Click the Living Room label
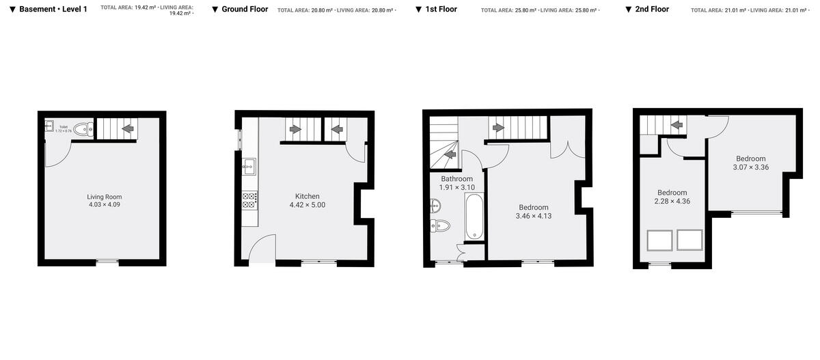point(105,197)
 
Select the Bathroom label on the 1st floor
point(456,179)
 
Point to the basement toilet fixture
point(83,128)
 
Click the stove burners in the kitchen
point(249,200)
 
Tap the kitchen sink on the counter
point(249,164)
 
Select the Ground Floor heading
point(245,10)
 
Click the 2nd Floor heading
point(652,10)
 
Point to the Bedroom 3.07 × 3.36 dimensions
point(751,167)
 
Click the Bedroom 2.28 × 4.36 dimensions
point(672,202)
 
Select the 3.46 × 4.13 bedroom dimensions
point(534,217)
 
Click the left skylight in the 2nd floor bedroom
point(659,240)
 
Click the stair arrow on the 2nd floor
point(676,125)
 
